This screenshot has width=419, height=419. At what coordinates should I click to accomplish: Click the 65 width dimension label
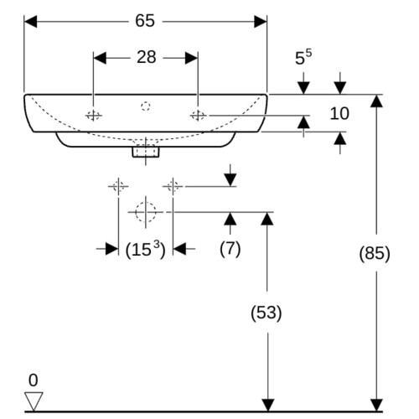[145, 21]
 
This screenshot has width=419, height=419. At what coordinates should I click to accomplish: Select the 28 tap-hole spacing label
[146, 57]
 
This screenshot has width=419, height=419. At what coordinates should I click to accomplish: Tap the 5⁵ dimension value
[303, 57]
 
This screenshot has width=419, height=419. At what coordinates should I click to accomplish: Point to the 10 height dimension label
[339, 113]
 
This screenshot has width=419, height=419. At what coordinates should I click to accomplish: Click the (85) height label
[375, 253]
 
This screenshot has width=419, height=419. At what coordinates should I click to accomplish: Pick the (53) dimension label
[266, 313]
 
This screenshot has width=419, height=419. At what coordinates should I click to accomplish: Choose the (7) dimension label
[230, 249]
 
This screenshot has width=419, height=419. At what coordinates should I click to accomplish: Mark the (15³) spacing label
[145, 249]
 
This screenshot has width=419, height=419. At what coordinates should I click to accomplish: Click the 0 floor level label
[33, 380]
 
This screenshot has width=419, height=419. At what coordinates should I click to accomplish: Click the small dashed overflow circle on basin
[146, 106]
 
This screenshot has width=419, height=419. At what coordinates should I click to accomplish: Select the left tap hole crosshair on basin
[93, 115]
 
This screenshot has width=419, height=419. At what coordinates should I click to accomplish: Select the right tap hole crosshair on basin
[198, 115]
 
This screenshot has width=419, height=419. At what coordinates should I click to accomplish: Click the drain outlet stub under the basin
[146, 152]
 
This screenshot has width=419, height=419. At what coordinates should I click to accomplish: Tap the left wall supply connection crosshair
[118, 186]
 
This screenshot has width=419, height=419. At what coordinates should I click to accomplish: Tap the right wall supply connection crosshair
[173, 186]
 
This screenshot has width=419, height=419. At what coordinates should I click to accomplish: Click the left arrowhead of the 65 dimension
[30, 22]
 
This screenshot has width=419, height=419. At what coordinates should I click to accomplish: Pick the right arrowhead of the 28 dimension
[192, 58]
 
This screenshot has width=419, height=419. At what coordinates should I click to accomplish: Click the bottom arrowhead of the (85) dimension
[376, 406]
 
